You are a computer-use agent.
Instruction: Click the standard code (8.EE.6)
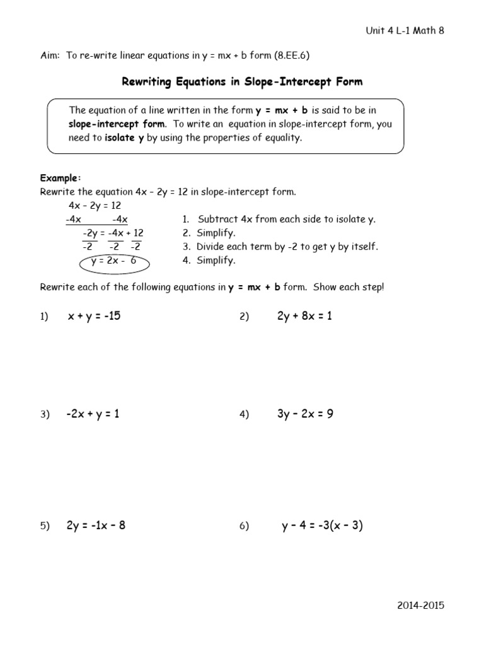tap(291, 56)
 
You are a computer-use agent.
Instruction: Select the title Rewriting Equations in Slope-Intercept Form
tap(241, 82)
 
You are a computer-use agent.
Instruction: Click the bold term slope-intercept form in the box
tap(117, 124)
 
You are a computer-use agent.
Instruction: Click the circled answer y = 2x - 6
tap(113, 261)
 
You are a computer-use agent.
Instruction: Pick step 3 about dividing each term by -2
tap(287, 247)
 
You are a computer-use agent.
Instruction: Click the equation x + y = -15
tap(94, 316)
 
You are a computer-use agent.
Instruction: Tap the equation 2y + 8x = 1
tap(304, 316)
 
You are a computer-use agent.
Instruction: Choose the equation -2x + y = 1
tap(93, 414)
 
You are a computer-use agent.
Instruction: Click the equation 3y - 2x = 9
tap(305, 414)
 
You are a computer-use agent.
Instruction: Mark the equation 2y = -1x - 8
tap(96, 526)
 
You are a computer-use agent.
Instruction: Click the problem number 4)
tap(245, 414)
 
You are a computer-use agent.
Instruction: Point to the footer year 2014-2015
tap(420, 605)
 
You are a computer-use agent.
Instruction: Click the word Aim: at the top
tap(50, 56)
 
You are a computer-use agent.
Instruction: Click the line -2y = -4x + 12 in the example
tap(113, 233)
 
